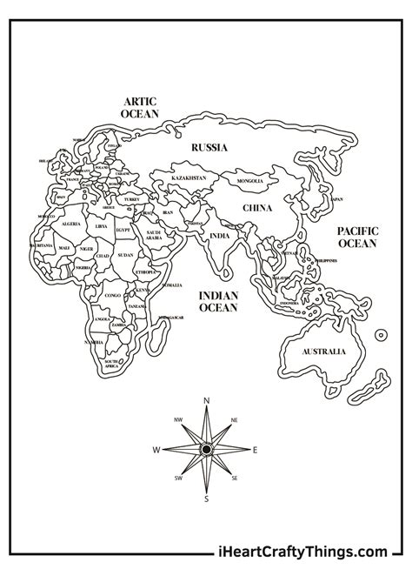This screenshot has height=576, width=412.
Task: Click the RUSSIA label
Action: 209,148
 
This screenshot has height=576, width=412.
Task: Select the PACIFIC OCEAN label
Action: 357,238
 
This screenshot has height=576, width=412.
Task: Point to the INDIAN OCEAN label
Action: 219,301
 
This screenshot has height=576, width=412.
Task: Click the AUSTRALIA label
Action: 323,352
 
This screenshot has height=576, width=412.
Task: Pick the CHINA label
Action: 256,208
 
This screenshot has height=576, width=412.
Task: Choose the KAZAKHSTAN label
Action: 189,177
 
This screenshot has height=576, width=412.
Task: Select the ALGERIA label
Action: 70,224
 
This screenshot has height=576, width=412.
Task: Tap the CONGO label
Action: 113,295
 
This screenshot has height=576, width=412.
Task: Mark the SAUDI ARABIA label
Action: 154,235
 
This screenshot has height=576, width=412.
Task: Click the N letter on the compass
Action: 206,400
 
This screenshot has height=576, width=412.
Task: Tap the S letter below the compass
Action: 206,499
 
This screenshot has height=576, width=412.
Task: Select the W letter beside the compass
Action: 156,450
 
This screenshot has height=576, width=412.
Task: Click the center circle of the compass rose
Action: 206,449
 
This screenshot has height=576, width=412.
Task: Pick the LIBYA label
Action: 102,226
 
